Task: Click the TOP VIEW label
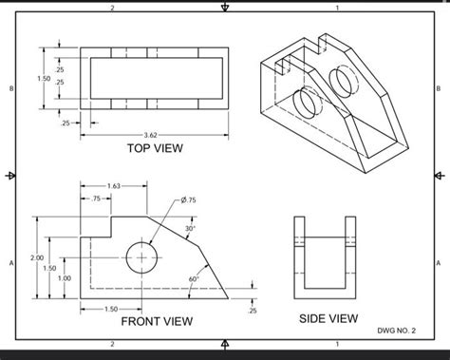coord(154,148)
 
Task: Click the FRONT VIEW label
coord(157,321)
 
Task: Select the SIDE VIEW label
coord(328,318)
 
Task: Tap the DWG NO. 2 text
coord(402,332)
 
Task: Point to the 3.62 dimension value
coord(151,135)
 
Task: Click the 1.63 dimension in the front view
coord(113,185)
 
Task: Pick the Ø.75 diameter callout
coord(187,199)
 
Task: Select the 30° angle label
coord(190,229)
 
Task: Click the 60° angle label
coord(194,278)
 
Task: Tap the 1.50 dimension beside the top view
coord(43,77)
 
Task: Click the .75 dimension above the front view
coord(96,199)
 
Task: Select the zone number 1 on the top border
coord(337,9)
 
